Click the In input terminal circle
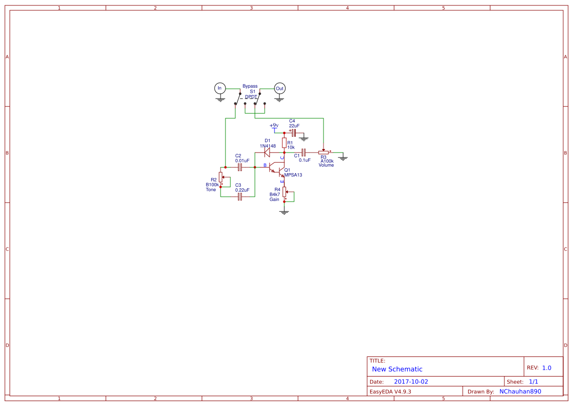(x=220, y=88)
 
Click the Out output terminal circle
(x=279, y=88)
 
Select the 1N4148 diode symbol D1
(x=267, y=152)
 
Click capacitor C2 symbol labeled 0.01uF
(x=240, y=167)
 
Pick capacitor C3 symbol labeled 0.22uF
(x=240, y=197)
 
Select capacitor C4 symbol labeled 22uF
(x=294, y=133)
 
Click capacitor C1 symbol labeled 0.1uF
(x=303, y=152)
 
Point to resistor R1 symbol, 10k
(x=284, y=143)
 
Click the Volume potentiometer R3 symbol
(x=324, y=152)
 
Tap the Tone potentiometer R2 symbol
(x=221, y=179)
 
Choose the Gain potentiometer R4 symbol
(x=285, y=191)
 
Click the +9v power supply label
(x=274, y=126)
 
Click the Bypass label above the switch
(x=250, y=86)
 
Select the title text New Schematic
(x=397, y=369)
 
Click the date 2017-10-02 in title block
(x=411, y=381)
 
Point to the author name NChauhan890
(x=520, y=391)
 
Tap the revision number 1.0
(x=547, y=368)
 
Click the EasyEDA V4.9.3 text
(x=390, y=391)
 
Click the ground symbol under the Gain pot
(x=284, y=212)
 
